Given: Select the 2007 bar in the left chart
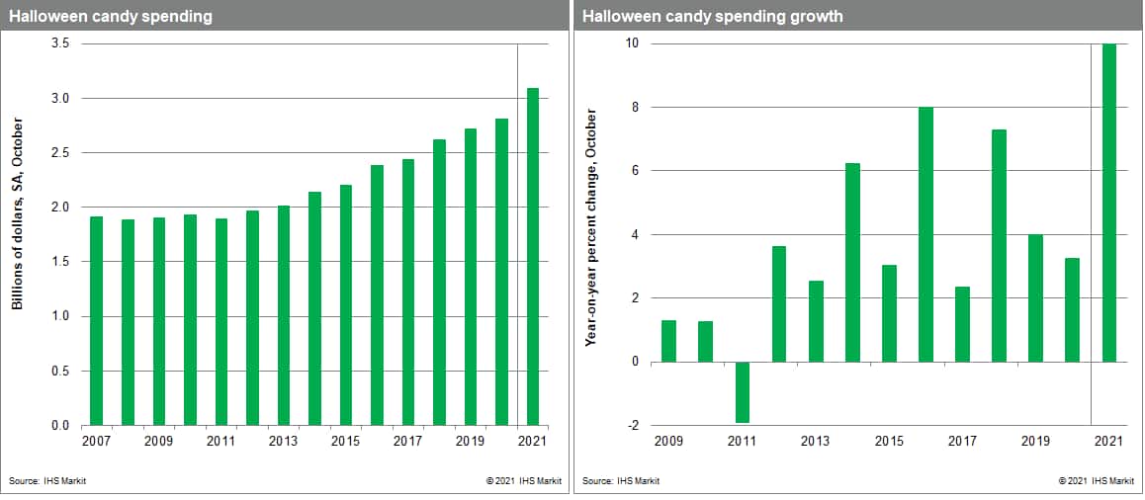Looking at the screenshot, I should click(96, 320).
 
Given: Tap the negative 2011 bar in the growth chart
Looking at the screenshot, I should click(743, 392).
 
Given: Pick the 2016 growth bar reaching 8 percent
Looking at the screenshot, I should click(925, 234).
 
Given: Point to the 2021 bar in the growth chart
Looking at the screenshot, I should click(1109, 203).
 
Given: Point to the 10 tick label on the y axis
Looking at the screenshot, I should click(631, 43).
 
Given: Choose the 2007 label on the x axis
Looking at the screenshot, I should click(96, 441).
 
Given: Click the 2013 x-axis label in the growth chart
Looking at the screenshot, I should click(816, 441).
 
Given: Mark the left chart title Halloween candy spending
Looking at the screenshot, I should click(111, 17).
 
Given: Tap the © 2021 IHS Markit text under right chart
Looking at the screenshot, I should click(1096, 481).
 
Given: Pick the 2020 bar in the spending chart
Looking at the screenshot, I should click(502, 272).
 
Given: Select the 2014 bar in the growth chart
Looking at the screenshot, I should click(852, 262).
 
